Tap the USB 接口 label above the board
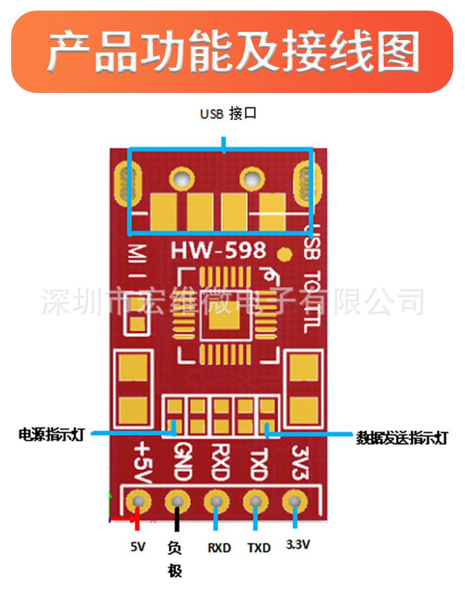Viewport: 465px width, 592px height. click(x=228, y=114)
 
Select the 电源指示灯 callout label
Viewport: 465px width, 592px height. click(x=52, y=435)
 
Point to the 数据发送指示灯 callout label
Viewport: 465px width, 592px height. click(x=402, y=438)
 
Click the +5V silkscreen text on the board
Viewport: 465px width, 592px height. click(x=143, y=462)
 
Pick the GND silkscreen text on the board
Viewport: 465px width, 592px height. click(x=181, y=462)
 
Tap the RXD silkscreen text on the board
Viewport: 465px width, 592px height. click(x=218, y=462)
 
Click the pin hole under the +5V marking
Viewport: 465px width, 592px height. click(x=139, y=502)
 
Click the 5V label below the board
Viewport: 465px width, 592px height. click(x=138, y=547)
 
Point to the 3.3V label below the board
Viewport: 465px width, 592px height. click(x=297, y=545)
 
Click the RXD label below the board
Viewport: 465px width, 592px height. click(x=219, y=548)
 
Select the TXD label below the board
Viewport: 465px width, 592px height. click(x=258, y=548)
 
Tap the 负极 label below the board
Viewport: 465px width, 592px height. click(x=175, y=559)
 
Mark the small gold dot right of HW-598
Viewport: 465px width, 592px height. click(x=285, y=254)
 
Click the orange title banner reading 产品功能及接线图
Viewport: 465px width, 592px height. click(x=232, y=52)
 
